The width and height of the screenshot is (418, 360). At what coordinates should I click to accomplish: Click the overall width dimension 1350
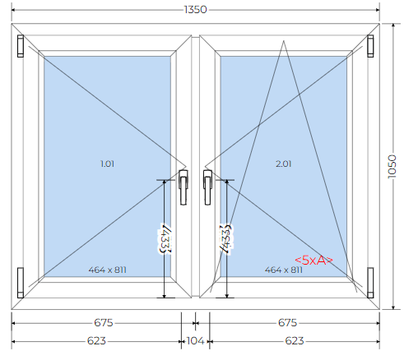195,10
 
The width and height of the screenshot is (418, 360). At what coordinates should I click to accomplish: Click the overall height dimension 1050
392,167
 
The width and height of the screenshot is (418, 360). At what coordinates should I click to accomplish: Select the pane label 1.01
107,164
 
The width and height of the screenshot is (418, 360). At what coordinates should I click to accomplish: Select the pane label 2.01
284,164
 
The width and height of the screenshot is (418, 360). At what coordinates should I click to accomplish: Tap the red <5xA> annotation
313,260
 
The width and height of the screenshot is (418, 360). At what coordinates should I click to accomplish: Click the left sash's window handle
183,187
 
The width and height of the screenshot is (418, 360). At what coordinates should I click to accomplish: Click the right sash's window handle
207,187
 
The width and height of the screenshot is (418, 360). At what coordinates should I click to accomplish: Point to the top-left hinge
21,46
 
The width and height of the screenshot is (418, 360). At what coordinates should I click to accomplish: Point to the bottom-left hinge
21,283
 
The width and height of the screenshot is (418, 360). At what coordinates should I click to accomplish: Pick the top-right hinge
370,46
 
